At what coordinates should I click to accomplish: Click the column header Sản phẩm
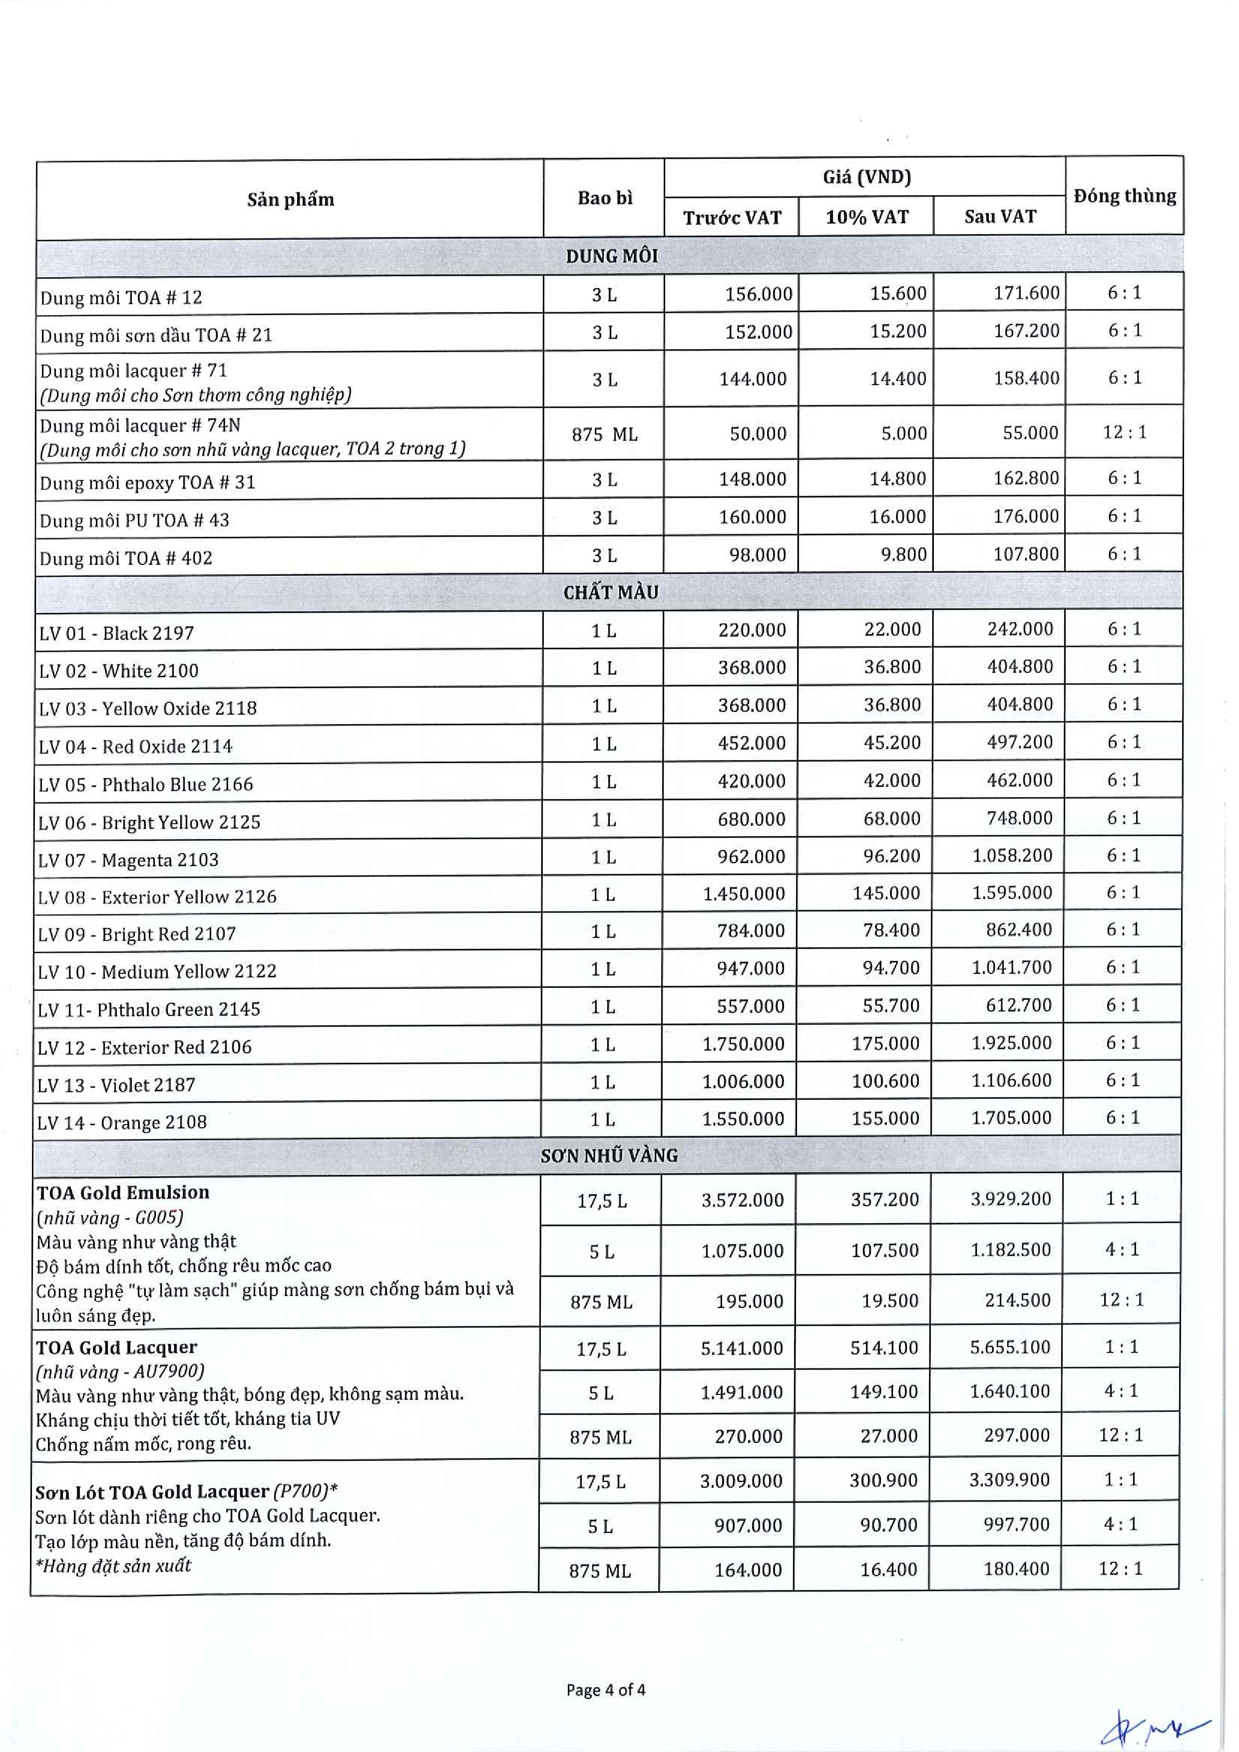pyautogui.click(x=291, y=200)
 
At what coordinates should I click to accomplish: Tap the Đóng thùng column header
pyautogui.click(x=1125, y=196)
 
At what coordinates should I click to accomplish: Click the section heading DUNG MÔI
pyautogui.click(x=611, y=256)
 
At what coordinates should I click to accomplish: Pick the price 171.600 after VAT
pyautogui.click(x=1026, y=293)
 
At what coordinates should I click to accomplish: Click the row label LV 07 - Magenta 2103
pyautogui.click(x=128, y=861)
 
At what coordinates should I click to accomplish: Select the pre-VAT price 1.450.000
pyautogui.click(x=744, y=893)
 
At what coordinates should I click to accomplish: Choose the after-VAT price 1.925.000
pyautogui.click(x=1012, y=1043)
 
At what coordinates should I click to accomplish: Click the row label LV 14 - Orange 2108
pyautogui.click(x=122, y=1123)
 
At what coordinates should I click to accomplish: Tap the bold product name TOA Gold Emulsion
pyautogui.click(x=123, y=1193)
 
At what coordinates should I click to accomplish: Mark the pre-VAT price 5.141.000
pyautogui.click(x=742, y=1348)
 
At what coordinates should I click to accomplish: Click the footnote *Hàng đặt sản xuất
pyautogui.click(x=114, y=1566)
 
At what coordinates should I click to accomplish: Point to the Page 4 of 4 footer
pyautogui.click(x=606, y=1690)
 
